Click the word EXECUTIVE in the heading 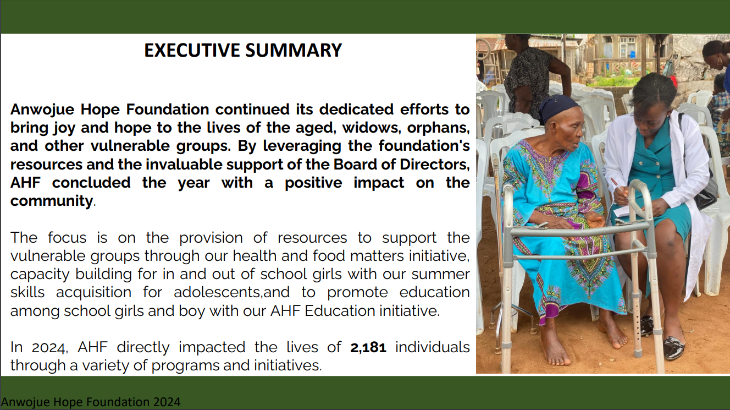tap(192, 50)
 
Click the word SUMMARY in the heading tap(294, 50)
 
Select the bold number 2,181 tap(368, 348)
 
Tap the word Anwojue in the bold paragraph tap(42, 110)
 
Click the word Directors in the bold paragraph tap(435, 165)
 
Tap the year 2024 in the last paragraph tap(49, 348)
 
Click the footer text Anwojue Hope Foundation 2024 tap(91, 402)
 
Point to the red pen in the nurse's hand tap(618, 187)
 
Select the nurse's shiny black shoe tap(673, 347)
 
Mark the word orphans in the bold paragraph tap(438, 128)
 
